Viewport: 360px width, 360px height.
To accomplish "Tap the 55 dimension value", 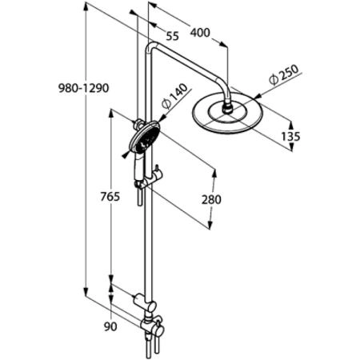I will coord(173,36).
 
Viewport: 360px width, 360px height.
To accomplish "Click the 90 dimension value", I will coord(111,326).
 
